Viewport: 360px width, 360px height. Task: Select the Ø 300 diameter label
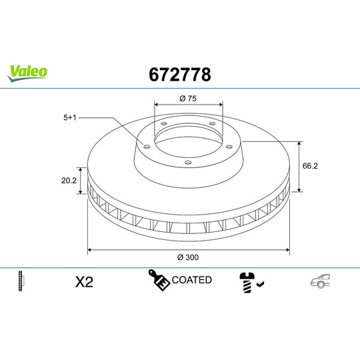click(x=188, y=257)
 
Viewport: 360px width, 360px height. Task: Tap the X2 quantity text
click(x=84, y=282)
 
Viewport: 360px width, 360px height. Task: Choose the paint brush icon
click(x=158, y=281)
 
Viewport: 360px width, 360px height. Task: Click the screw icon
click(x=246, y=282)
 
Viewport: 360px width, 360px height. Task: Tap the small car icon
click(x=321, y=282)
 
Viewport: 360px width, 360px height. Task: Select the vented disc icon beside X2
click(x=22, y=281)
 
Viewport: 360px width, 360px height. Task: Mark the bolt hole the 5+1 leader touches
click(x=145, y=145)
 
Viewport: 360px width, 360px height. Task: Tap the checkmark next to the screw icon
click(x=260, y=285)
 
